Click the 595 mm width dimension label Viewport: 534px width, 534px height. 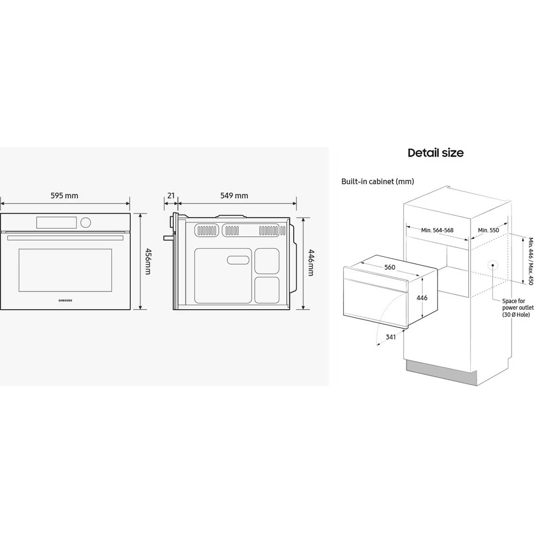(64, 196)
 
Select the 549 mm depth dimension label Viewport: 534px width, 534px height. (234, 196)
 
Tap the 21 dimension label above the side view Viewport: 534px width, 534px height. (171, 196)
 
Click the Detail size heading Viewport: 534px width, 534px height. (435, 153)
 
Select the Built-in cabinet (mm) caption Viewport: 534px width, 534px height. (378, 182)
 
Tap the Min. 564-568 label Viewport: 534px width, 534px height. (437, 230)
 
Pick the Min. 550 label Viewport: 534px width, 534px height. (488, 230)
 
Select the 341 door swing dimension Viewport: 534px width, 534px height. (390, 338)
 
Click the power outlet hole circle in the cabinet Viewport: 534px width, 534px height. (491, 265)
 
